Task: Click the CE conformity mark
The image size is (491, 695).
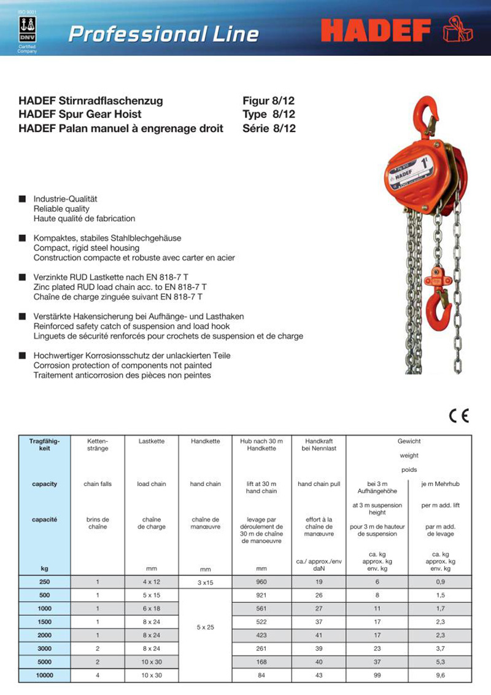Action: [458, 416]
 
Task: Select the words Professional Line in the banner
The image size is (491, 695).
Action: [163, 34]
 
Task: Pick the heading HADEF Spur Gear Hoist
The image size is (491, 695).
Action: [80, 114]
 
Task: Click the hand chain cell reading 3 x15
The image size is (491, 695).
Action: [205, 582]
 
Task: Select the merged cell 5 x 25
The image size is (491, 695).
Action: [205, 627]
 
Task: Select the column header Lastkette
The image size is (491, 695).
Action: [151, 441]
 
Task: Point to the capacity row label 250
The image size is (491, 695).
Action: [44, 581]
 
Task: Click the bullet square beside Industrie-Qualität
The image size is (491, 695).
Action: [22, 199]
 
